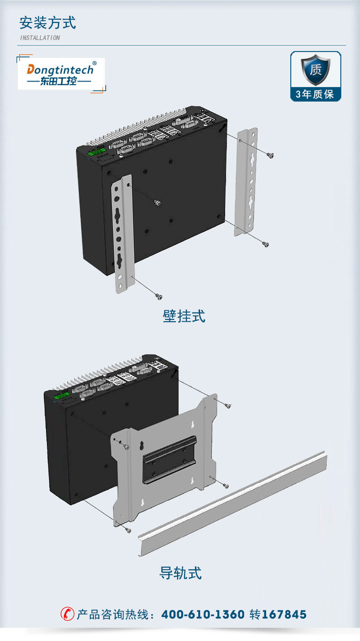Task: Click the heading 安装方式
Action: click(47, 23)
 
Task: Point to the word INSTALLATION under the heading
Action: click(40, 38)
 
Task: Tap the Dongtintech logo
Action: click(61, 74)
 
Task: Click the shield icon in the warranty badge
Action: click(315, 70)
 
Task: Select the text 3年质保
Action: click(315, 94)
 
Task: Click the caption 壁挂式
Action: click(184, 316)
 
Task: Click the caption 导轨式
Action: click(180, 573)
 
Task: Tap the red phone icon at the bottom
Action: click(67, 614)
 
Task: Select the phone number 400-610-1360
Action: click(203, 615)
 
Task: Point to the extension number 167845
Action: click(284, 615)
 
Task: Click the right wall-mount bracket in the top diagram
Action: click(246, 182)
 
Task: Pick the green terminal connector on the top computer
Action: click(97, 152)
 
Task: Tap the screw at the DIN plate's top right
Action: click(228, 405)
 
